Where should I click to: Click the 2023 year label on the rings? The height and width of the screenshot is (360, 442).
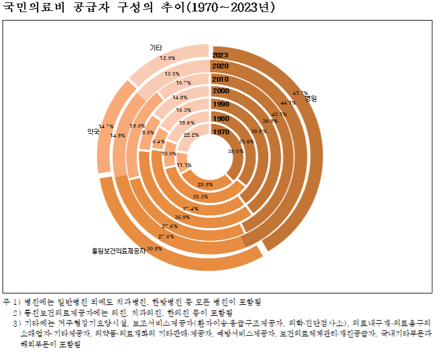pyautogui.click(x=220, y=54)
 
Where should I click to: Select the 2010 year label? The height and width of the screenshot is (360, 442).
pyautogui.click(x=220, y=79)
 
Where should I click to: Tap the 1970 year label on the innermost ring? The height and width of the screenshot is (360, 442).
pyautogui.click(x=220, y=131)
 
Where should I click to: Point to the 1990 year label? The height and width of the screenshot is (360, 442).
pyautogui.click(x=220, y=105)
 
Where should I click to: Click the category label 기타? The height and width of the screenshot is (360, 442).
pyautogui.click(x=156, y=47)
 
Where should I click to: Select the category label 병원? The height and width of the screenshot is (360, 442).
pyautogui.click(x=311, y=97)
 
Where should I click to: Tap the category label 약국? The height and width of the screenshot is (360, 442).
pyautogui.click(x=93, y=131)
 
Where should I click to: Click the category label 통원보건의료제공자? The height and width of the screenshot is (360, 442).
pyautogui.click(x=118, y=249)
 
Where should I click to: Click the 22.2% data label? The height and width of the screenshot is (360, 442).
pyautogui.click(x=191, y=135)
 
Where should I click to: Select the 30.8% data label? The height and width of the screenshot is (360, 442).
pyautogui.click(x=154, y=249)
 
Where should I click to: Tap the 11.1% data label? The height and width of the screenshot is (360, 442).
pyautogui.click(x=184, y=165)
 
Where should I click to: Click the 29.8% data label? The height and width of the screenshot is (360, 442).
pyautogui.click(x=205, y=184)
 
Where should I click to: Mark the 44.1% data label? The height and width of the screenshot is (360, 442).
pyautogui.click(x=288, y=102)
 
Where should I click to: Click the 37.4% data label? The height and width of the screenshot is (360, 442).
pyautogui.click(x=190, y=208)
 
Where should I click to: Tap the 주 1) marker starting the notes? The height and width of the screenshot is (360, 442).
pyautogui.click(x=12, y=301)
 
